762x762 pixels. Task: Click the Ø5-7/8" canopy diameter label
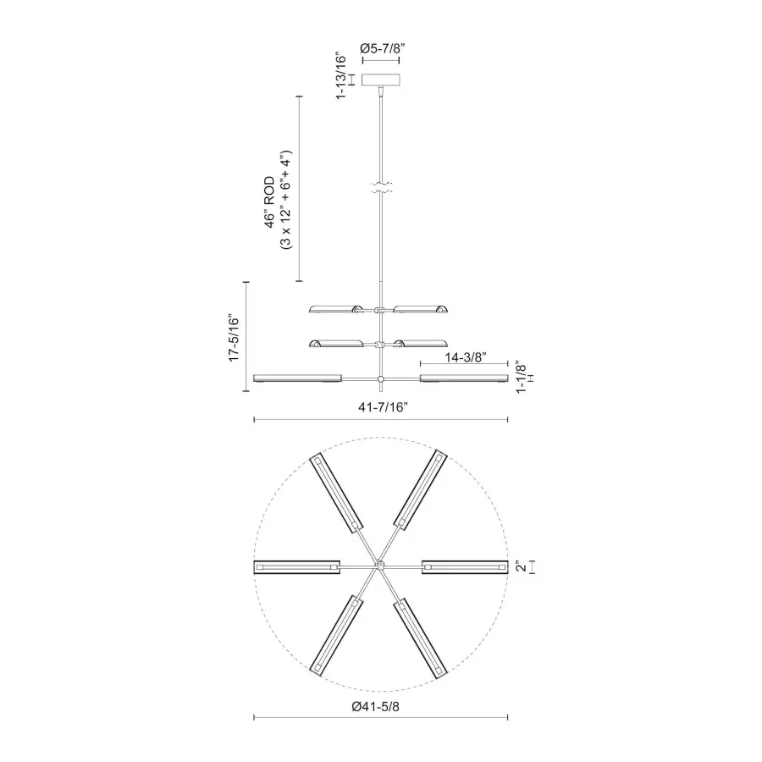pyautogui.click(x=380, y=49)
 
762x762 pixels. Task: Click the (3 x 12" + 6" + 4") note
pyautogui.click(x=285, y=200)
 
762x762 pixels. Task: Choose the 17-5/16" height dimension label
pyautogui.click(x=235, y=339)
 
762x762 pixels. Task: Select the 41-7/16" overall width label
pyautogui.click(x=383, y=408)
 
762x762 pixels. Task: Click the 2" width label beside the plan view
pyautogui.click(x=522, y=566)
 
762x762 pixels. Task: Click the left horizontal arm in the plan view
pyautogui.click(x=296, y=566)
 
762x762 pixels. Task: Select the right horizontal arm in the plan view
pyautogui.click(x=464, y=566)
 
